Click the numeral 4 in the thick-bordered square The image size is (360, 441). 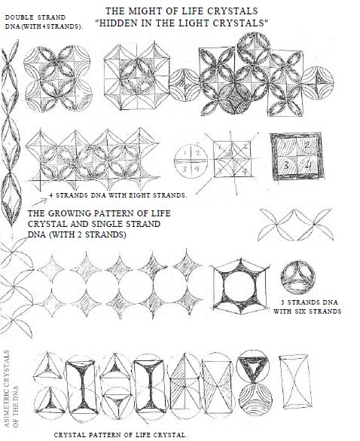(308, 165)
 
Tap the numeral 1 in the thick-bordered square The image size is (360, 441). (284, 146)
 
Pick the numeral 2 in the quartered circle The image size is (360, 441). (197, 153)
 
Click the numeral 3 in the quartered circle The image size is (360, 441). (185, 169)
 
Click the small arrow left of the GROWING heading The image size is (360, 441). (40, 202)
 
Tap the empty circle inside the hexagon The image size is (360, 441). (239, 286)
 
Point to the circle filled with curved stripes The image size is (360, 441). (255, 399)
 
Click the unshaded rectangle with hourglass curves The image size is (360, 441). (296, 381)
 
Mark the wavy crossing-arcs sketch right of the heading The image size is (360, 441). (296, 225)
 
